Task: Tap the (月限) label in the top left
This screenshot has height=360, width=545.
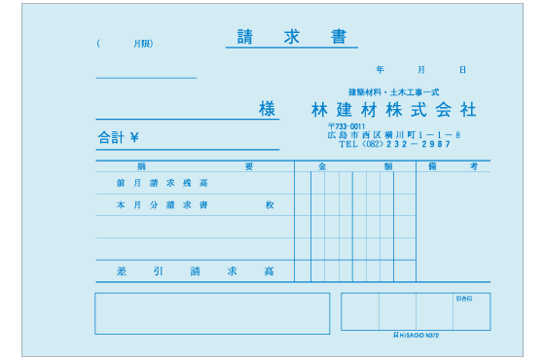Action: pos(126,44)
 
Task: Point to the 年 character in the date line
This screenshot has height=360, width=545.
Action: pos(380,70)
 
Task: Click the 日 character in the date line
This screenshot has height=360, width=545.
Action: pos(462,70)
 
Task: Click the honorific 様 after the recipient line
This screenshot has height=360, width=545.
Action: pos(269,109)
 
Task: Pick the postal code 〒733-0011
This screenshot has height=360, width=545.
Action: pos(346,126)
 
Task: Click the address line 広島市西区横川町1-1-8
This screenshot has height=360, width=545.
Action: pos(393,134)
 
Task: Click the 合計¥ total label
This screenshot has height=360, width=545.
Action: pos(118,138)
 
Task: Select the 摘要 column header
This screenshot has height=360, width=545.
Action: pos(195,166)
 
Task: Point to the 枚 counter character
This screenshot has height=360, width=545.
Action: pos(270,205)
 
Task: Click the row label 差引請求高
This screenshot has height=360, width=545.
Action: pos(195,270)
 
